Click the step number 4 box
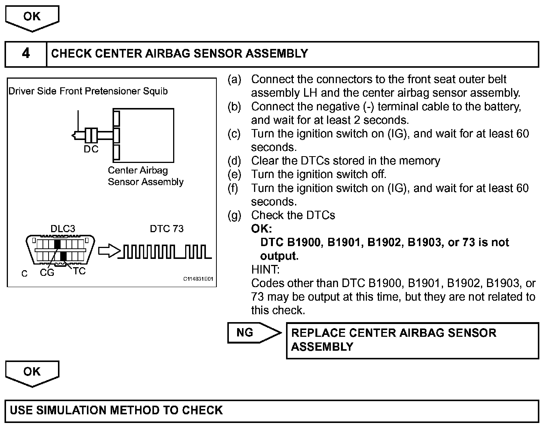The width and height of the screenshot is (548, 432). (x=26, y=54)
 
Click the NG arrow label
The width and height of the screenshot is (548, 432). (x=245, y=333)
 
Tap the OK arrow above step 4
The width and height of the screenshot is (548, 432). (x=32, y=17)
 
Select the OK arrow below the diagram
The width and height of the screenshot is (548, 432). (x=32, y=372)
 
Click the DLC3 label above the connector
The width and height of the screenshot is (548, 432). (x=62, y=229)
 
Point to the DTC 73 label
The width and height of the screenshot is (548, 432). (x=166, y=229)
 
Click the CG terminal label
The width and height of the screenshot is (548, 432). (x=47, y=273)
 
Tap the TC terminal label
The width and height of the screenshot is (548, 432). (x=79, y=271)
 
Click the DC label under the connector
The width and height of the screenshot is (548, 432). (x=91, y=149)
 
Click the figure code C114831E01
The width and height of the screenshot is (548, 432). (x=198, y=279)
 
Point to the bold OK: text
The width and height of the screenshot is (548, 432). (x=261, y=229)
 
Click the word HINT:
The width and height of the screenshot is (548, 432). (x=265, y=269)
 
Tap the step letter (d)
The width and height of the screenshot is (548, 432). (x=234, y=161)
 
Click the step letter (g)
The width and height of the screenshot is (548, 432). (x=234, y=215)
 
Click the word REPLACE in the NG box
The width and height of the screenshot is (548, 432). (x=318, y=333)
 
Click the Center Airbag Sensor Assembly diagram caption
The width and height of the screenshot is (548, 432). (x=145, y=176)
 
